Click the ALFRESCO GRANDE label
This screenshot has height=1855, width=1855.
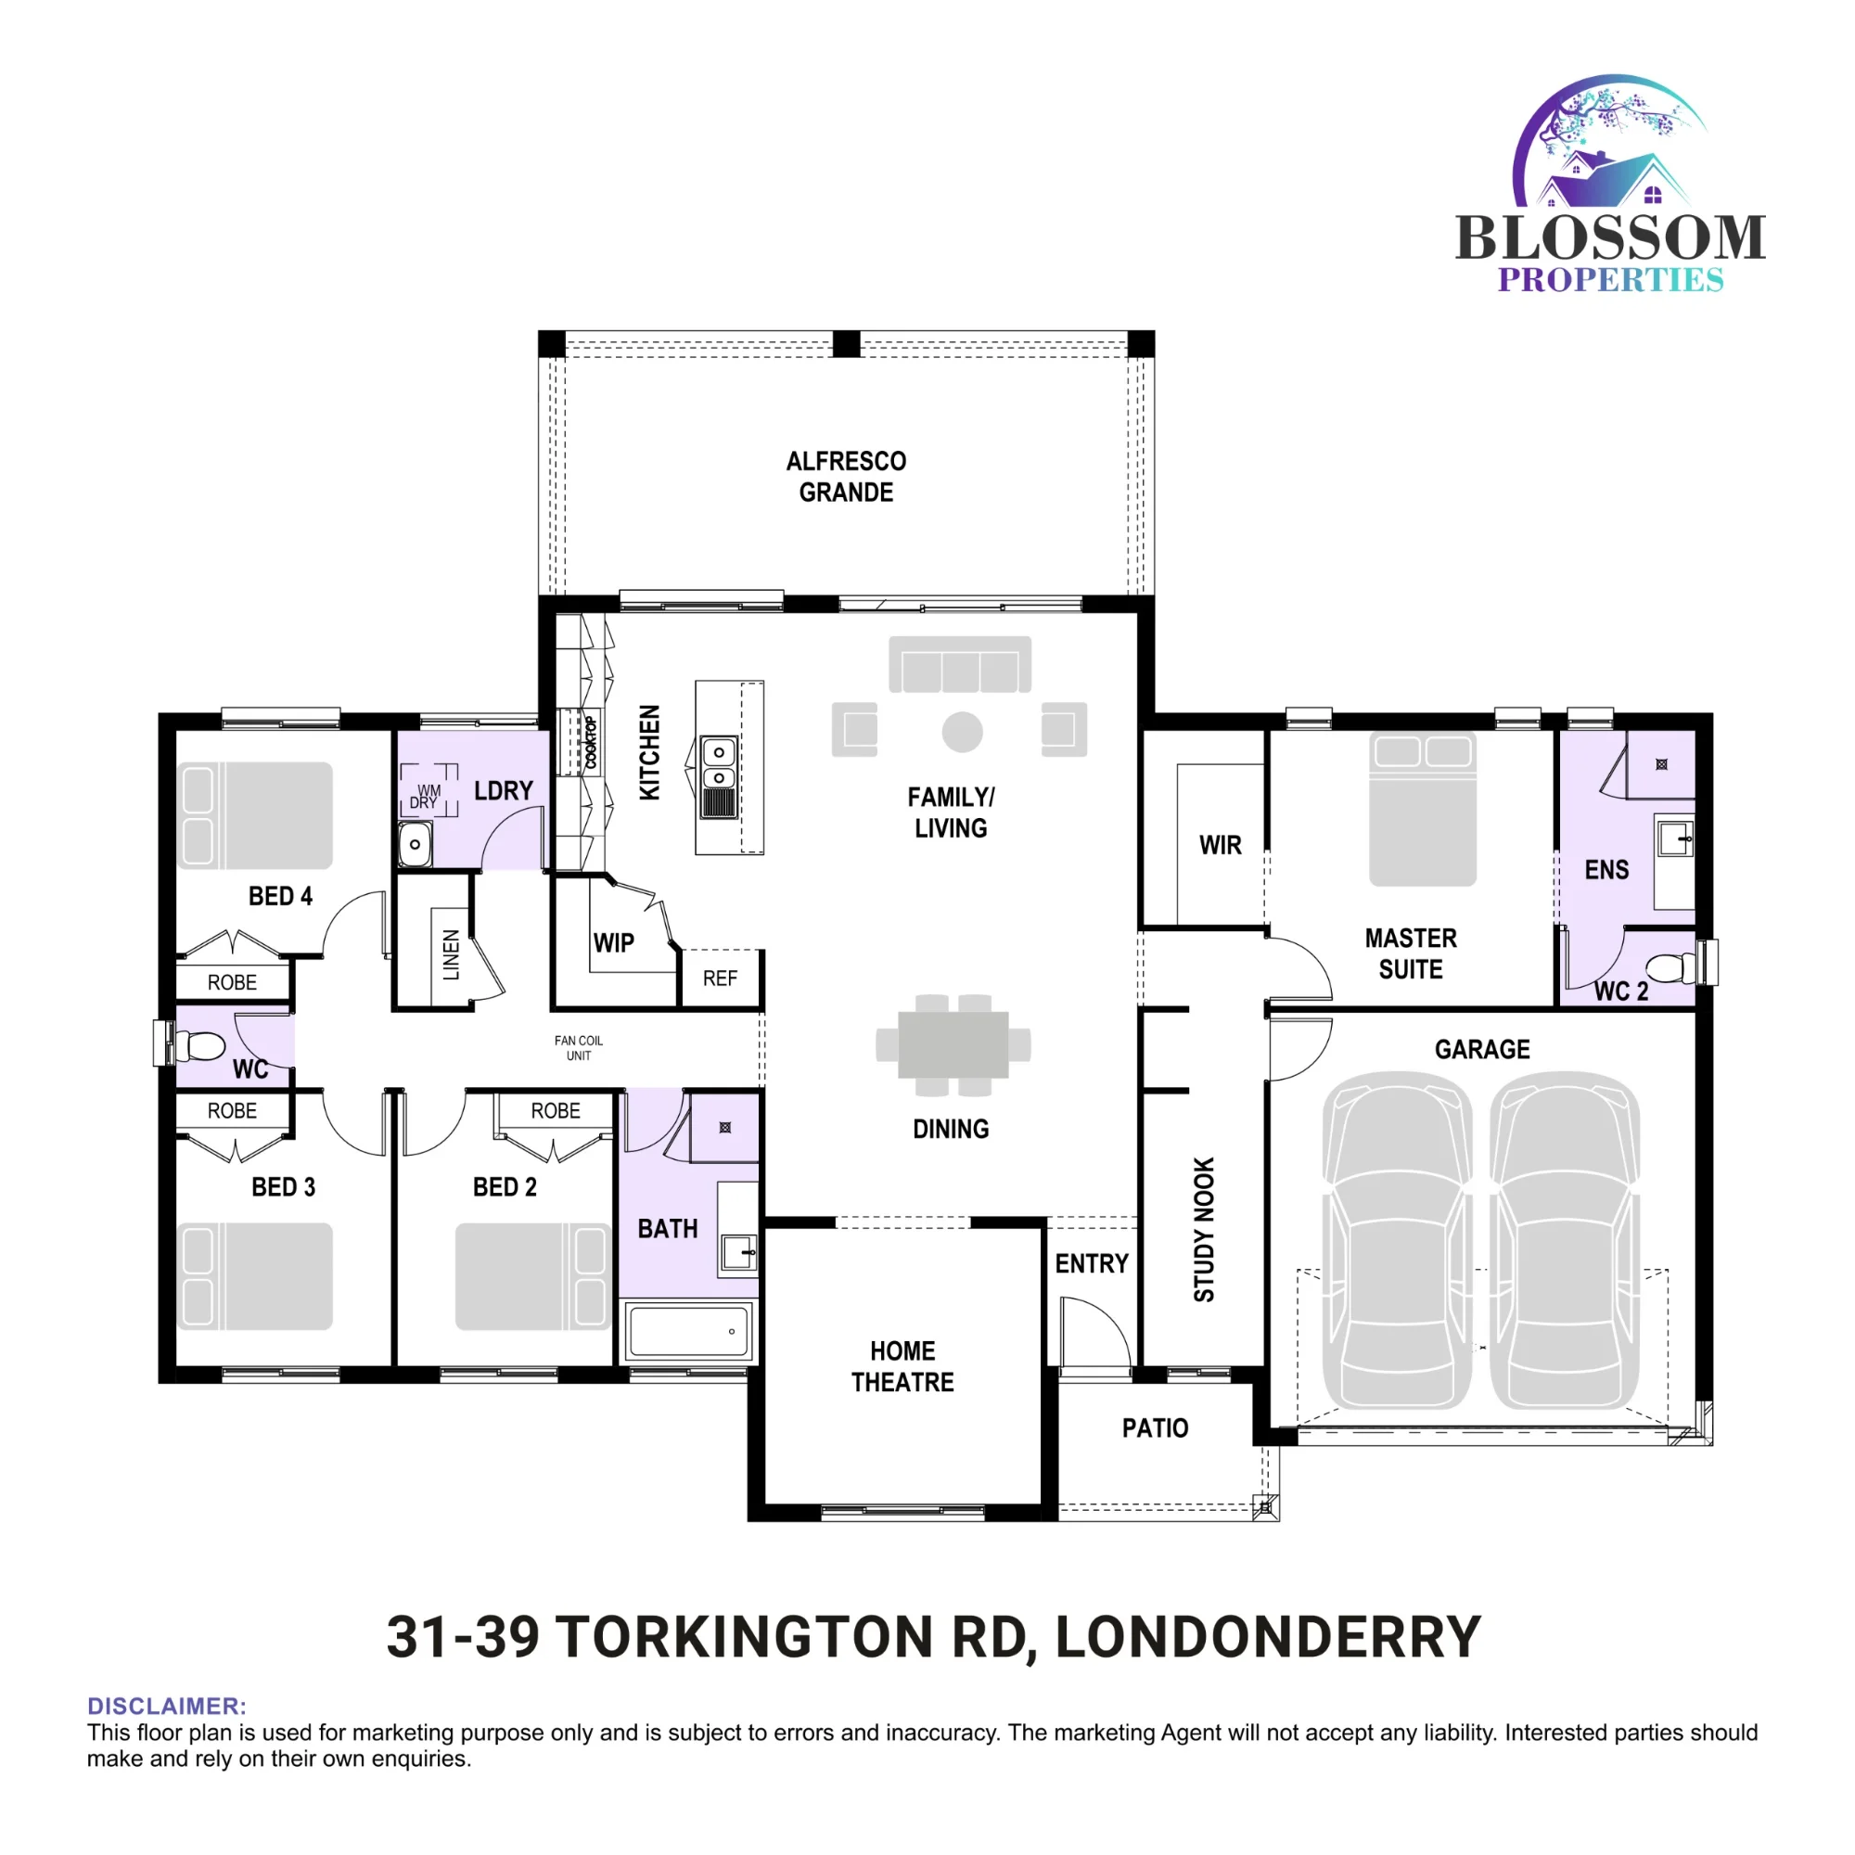846,476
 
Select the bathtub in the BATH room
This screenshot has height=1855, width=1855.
688,1332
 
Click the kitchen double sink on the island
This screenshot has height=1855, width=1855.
718,776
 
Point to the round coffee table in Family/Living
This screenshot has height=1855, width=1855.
962,733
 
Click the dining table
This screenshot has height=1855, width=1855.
953,1044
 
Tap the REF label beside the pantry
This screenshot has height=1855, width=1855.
720,979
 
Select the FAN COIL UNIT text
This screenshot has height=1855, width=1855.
579,1047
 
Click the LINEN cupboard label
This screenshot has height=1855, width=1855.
452,954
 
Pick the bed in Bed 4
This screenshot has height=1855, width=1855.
255,815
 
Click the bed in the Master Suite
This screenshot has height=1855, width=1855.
1422,809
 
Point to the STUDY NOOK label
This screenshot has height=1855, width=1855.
1204,1230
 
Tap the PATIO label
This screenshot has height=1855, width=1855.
1155,1428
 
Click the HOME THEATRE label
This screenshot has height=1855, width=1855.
902,1366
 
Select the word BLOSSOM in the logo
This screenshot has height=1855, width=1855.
1610,237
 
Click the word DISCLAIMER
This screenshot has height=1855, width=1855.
167,1707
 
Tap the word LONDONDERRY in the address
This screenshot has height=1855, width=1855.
1268,1637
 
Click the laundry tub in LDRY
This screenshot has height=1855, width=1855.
415,845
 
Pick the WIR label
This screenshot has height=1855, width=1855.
1221,845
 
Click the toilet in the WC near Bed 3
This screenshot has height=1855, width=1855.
199,1045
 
